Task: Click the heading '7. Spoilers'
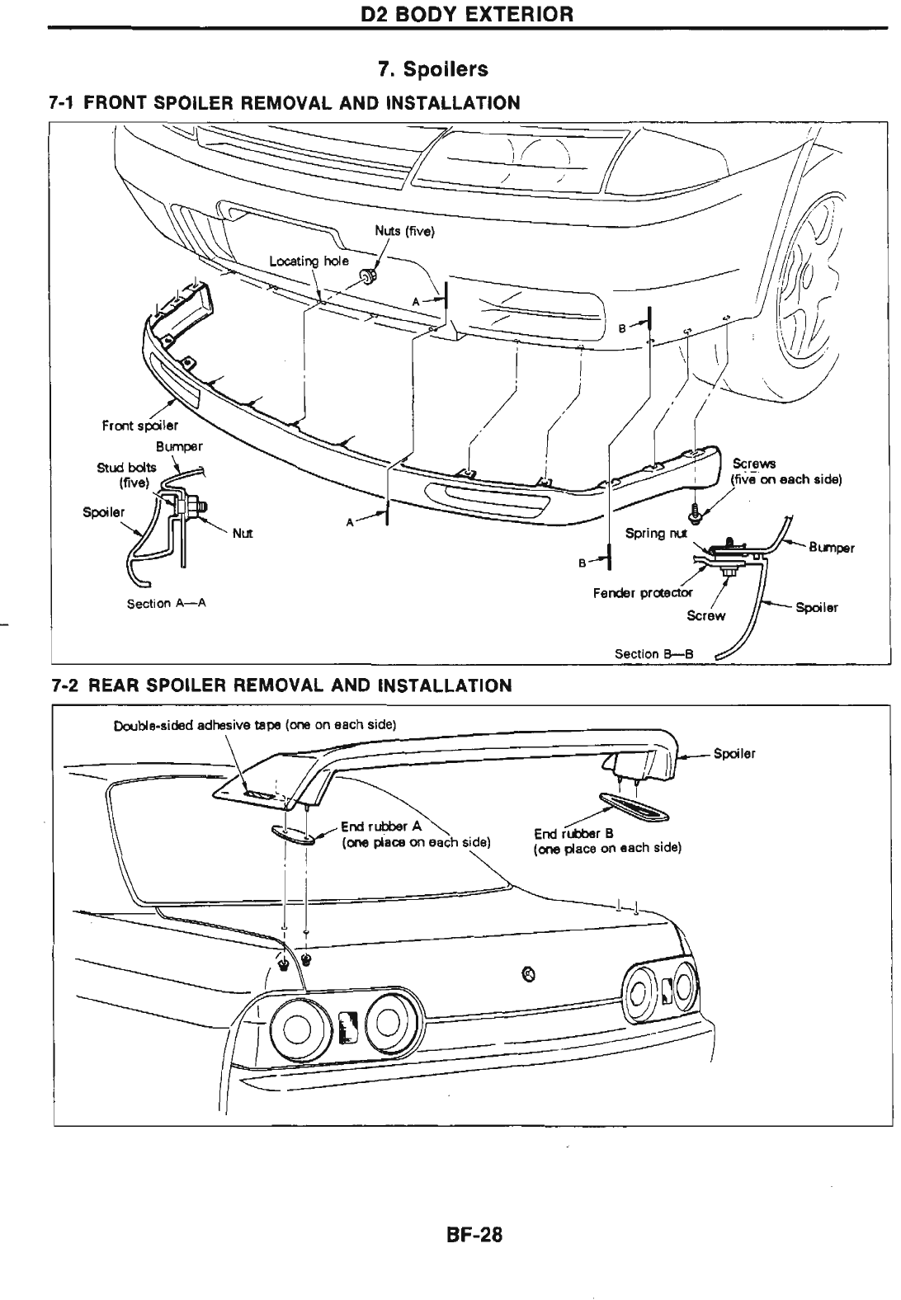tap(432, 69)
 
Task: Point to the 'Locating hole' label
tap(309, 261)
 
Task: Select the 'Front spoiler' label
tap(139, 426)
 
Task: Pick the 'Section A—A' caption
tap(166, 604)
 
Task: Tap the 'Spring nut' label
tap(656, 533)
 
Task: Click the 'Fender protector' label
tap(643, 592)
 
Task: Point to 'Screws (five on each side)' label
tap(784, 472)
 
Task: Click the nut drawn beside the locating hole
tap(367, 274)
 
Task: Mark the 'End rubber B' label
tap(573, 833)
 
